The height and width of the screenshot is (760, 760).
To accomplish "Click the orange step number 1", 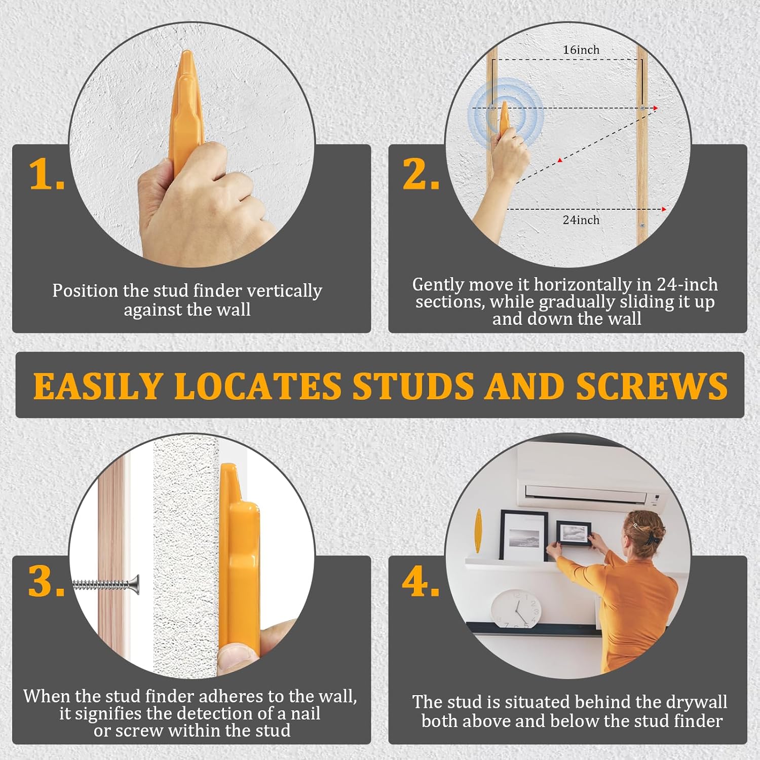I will [x=46, y=174].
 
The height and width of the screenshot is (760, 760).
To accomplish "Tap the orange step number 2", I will [x=421, y=174].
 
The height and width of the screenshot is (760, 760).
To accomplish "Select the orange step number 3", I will [x=46, y=581].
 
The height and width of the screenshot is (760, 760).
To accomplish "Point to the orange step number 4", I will [x=421, y=581].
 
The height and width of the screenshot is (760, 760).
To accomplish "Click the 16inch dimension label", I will [x=581, y=50].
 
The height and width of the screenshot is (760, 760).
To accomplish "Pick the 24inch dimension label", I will [x=581, y=220].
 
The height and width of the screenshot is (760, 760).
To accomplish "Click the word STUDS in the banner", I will [x=412, y=386].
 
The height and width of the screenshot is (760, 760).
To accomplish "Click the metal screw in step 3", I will [x=106, y=585].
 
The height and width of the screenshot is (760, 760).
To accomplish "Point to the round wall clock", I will [x=516, y=609].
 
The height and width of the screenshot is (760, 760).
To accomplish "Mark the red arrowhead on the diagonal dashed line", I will [x=560, y=161].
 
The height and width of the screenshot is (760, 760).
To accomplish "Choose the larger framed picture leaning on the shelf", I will [x=523, y=536].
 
